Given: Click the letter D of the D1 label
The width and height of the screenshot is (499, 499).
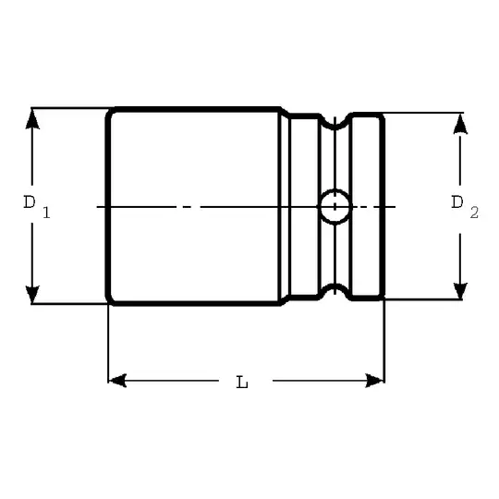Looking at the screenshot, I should [x=30, y=201].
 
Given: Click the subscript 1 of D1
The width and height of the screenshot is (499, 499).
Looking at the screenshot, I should [x=45, y=213].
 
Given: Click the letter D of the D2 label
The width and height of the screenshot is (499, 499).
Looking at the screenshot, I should [x=456, y=201].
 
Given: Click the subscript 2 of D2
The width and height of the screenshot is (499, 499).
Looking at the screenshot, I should [x=474, y=213].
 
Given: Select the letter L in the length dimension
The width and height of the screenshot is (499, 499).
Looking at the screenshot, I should [x=241, y=382].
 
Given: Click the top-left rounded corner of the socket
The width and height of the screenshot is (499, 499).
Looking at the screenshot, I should [x=111, y=113].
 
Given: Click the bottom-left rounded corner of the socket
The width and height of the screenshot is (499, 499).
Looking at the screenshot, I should [x=111, y=299].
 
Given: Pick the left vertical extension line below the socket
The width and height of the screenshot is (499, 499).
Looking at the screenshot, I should [x=109, y=342].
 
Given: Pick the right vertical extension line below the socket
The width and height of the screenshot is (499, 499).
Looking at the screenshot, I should [x=383, y=342].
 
